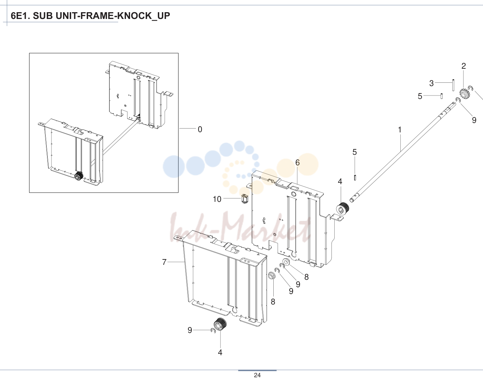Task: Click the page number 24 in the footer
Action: [x=257, y=375]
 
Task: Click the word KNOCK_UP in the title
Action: [x=144, y=16]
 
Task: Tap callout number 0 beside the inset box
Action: [x=200, y=129]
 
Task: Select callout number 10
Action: [x=217, y=199]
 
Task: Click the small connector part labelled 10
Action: [x=245, y=199]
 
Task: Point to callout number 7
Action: [x=164, y=262]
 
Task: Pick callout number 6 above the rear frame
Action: [x=297, y=163]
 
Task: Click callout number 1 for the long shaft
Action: [x=399, y=129]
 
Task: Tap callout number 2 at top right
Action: [x=463, y=66]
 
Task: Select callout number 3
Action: [x=431, y=83]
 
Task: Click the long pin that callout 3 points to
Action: [x=453, y=85]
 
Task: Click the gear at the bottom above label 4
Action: [x=220, y=324]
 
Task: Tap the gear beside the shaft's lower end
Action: [x=343, y=208]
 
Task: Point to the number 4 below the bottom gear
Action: [x=220, y=353]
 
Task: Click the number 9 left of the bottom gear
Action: [x=190, y=330]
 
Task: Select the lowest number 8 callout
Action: [x=273, y=302]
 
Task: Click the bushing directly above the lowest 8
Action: [x=272, y=275]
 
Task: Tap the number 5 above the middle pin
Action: [x=355, y=152]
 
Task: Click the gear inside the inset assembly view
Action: [x=79, y=176]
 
